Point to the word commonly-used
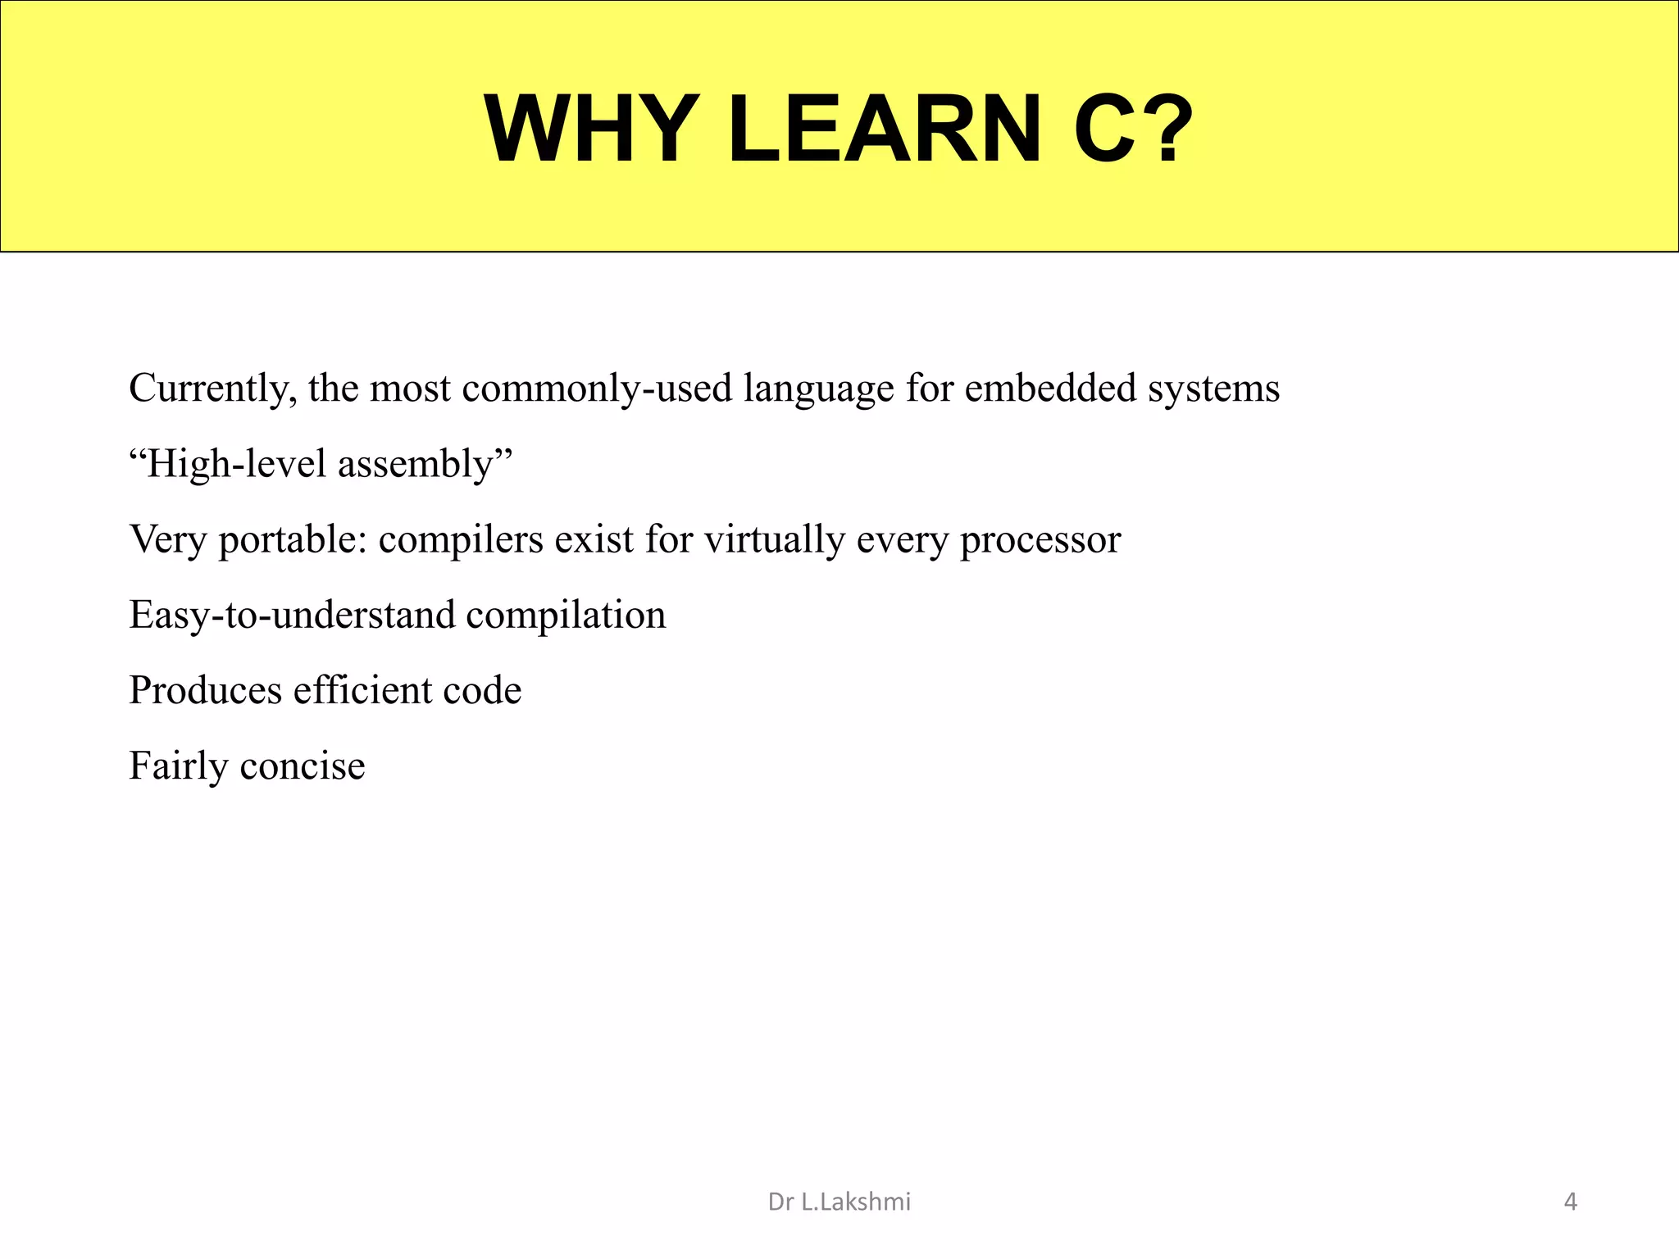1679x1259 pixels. click(597, 389)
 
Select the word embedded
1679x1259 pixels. click(1050, 389)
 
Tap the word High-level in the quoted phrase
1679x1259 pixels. click(235, 464)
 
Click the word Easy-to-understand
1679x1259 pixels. click(291, 616)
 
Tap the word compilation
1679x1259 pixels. click(566, 616)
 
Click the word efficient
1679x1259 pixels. click(362, 690)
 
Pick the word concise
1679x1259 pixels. click(303, 766)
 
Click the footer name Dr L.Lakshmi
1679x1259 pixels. click(839, 1202)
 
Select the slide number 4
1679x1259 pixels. click(1570, 1202)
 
